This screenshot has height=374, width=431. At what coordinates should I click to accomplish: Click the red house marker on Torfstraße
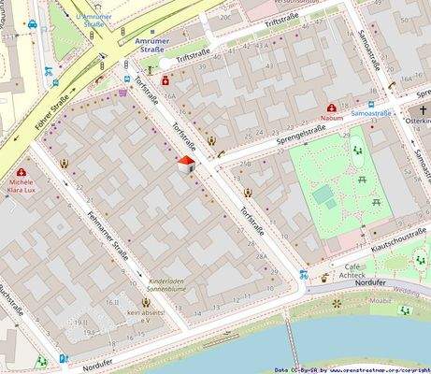(185, 166)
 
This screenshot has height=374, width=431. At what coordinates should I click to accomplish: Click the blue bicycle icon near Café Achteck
(305, 275)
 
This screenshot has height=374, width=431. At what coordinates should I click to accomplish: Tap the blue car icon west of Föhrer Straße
(32, 24)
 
